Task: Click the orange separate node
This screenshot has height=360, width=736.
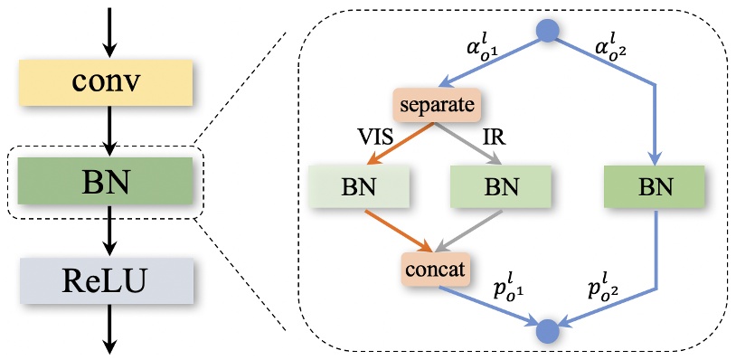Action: click(434, 105)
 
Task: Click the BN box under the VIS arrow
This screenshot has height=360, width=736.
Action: click(359, 187)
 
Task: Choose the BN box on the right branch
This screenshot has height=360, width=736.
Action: click(653, 187)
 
